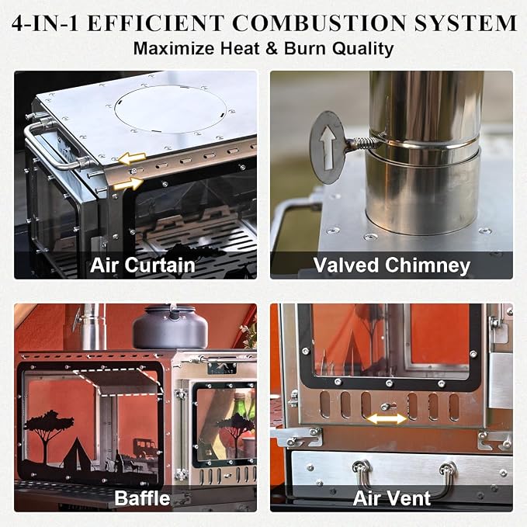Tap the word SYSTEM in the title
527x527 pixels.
465,23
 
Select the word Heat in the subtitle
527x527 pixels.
240,48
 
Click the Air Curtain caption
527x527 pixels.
143,265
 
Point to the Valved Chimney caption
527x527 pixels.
391,265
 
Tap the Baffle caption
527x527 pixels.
142,498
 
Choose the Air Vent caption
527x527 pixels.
391,498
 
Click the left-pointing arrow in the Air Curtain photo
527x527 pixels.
132,158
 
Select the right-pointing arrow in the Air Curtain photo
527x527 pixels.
129,184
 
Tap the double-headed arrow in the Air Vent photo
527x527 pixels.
387,419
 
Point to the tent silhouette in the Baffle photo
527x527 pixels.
78,452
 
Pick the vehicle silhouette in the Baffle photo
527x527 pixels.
144,448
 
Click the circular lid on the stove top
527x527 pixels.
171,110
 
